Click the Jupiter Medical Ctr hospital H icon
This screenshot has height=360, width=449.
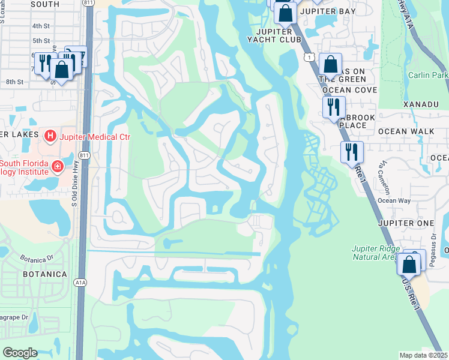coord(50,137)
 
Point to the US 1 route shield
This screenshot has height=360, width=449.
coord(309,56)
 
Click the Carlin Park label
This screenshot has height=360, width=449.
coord(428,75)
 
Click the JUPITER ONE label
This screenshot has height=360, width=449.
coord(406,223)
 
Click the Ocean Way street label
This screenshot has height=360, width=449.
coord(394,201)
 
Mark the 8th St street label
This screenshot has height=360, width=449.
coord(14,82)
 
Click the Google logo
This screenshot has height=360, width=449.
coord(20,352)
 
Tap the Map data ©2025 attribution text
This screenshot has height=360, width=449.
coord(424,355)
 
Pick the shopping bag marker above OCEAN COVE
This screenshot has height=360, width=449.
coord(330,63)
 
